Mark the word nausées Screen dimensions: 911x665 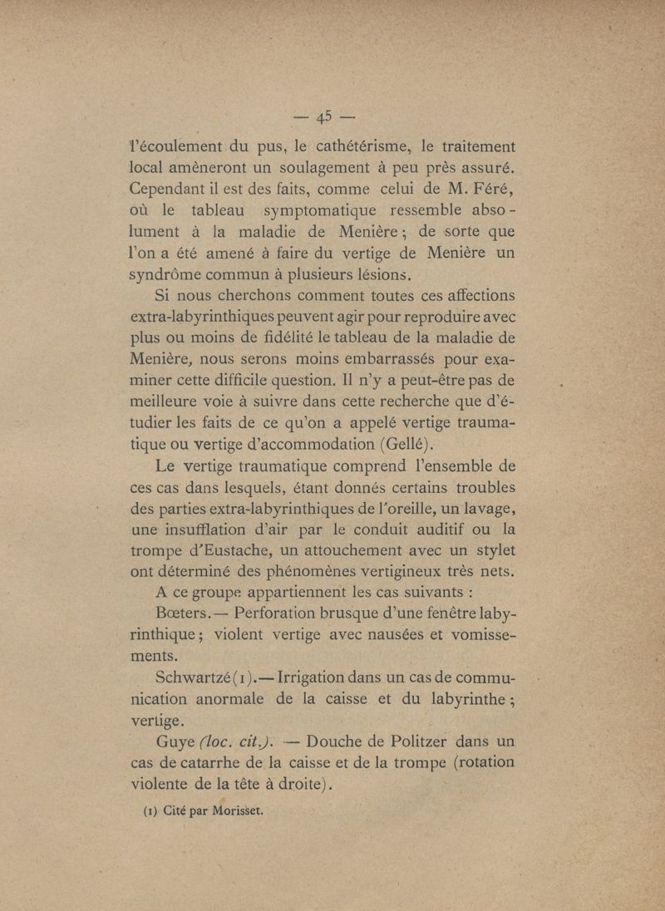click(386, 638)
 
